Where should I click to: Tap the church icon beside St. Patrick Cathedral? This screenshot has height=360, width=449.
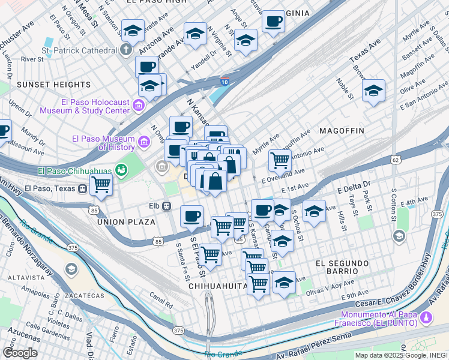tap(127, 49)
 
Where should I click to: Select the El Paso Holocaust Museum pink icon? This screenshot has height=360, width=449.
tap(139, 106)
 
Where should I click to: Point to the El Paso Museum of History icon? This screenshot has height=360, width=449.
tap(144, 142)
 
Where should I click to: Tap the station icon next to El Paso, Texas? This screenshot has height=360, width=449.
tap(83, 188)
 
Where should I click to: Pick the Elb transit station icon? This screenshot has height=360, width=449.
tap(167, 206)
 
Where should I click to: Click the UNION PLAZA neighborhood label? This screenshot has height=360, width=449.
tap(126, 222)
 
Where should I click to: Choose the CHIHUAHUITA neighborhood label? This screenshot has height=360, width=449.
tap(218, 287)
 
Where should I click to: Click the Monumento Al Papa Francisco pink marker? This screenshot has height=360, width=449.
tap(426, 317)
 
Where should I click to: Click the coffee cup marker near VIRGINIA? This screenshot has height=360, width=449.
tap(274, 22)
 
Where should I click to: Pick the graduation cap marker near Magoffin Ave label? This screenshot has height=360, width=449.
tap(373, 91)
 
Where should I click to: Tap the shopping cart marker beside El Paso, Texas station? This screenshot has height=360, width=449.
tap(101, 185)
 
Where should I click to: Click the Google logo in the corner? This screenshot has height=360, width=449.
tap(19, 353)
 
